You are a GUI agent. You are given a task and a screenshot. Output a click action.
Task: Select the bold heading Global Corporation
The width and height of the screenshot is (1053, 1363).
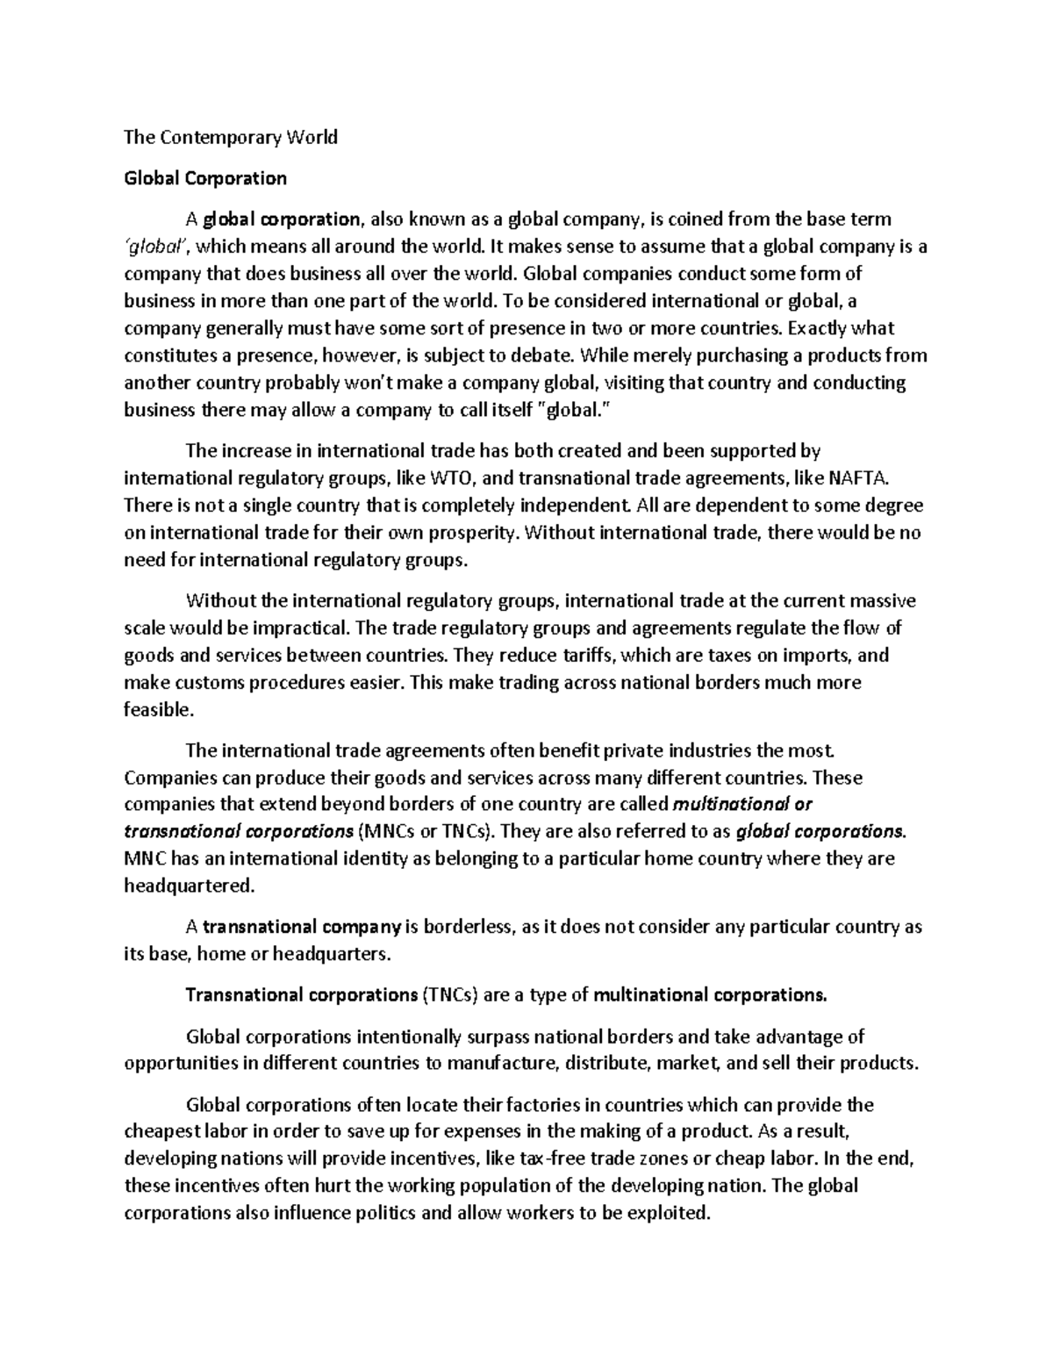205,178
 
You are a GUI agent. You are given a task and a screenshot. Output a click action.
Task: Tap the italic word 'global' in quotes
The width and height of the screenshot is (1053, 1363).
154,247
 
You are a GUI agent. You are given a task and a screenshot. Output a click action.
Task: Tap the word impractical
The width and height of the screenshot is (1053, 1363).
300,628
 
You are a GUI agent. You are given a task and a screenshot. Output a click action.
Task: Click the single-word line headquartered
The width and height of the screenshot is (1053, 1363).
189,886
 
